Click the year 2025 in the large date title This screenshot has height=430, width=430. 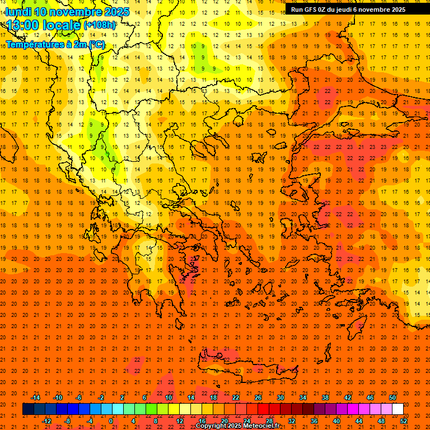(x=116, y=12)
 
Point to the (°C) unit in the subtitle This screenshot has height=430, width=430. (x=97, y=44)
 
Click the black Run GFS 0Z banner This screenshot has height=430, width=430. (x=348, y=9)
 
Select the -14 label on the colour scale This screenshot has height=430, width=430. (x=35, y=398)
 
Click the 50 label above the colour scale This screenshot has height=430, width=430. (x=392, y=398)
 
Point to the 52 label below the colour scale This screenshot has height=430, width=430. (x=404, y=420)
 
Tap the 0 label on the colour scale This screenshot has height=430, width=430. (x=110, y=420)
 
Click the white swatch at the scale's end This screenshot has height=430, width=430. (x=398, y=409)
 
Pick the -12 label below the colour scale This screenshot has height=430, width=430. (x=46, y=420)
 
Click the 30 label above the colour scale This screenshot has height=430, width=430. (x=281, y=398)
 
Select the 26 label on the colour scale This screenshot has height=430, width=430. (x=258, y=398)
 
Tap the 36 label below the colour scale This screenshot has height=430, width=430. (x=314, y=420)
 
